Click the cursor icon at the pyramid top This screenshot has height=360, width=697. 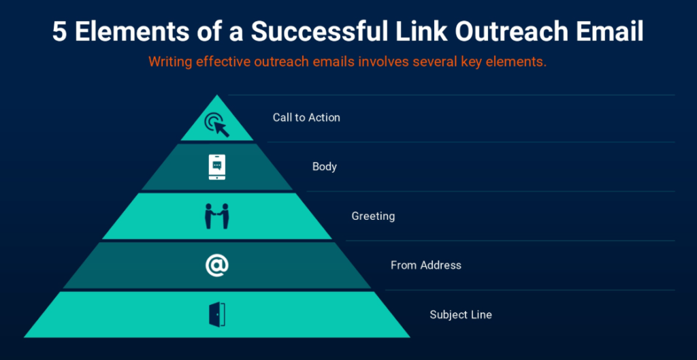click(x=217, y=125)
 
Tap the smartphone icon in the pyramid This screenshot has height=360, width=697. click(x=217, y=167)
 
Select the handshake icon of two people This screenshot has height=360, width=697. click(x=217, y=216)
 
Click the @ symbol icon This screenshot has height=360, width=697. click(x=217, y=265)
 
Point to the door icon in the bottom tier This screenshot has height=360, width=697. click(x=217, y=314)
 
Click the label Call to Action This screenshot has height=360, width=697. click(x=306, y=118)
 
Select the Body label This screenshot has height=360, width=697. click(x=325, y=167)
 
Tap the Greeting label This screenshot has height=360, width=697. click(x=374, y=216)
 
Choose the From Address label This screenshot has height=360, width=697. click(x=426, y=265)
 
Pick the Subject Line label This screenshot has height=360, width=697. click(x=461, y=315)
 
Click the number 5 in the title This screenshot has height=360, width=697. click(x=60, y=32)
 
